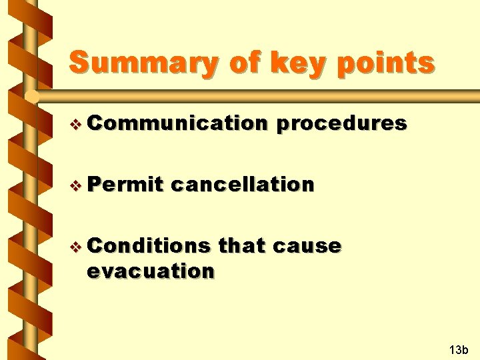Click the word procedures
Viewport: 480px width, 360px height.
(340, 123)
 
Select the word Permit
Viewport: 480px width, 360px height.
(125, 184)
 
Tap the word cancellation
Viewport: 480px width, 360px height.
(242, 184)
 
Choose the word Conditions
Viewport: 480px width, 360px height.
(148, 245)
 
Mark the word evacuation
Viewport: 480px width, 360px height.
(151, 271)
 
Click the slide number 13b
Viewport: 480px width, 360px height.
(459, 349)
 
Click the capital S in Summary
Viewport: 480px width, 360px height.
(80, 63)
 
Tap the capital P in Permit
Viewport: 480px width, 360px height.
(94, 184)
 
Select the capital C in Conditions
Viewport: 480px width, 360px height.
(94, 245)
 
